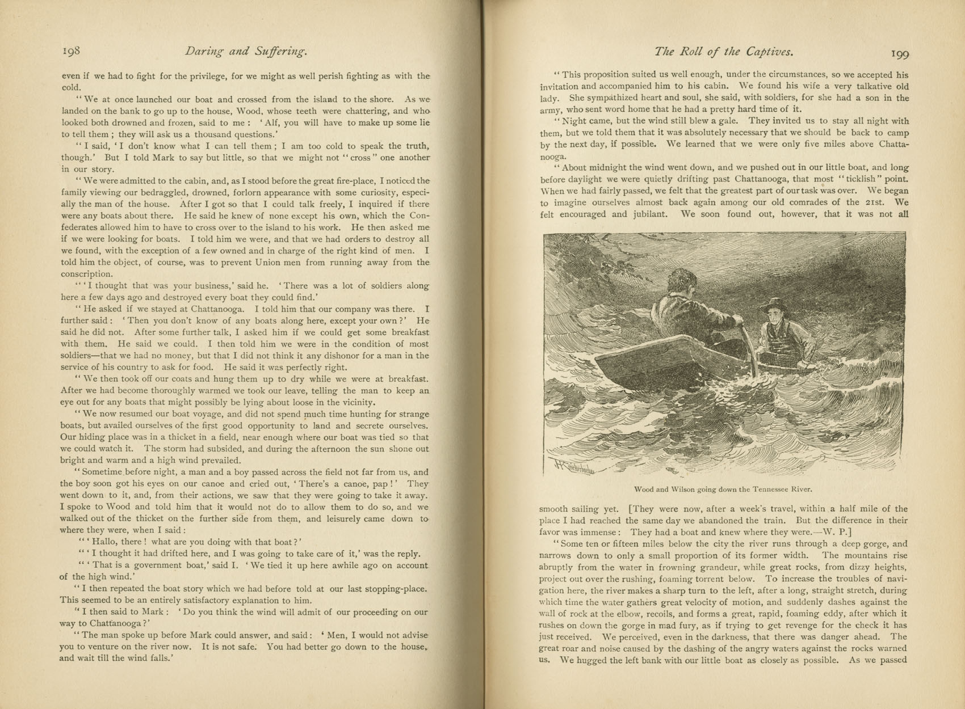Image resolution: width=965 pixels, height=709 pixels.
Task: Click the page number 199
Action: (900, 54)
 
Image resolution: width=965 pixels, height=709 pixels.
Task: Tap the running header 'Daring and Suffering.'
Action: (246, 52)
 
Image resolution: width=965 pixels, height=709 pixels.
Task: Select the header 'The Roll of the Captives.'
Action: (723, 52)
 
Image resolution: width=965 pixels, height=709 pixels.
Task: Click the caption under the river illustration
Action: (723, 488)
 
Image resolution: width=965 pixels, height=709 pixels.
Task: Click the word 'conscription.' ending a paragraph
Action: (87, 274)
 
